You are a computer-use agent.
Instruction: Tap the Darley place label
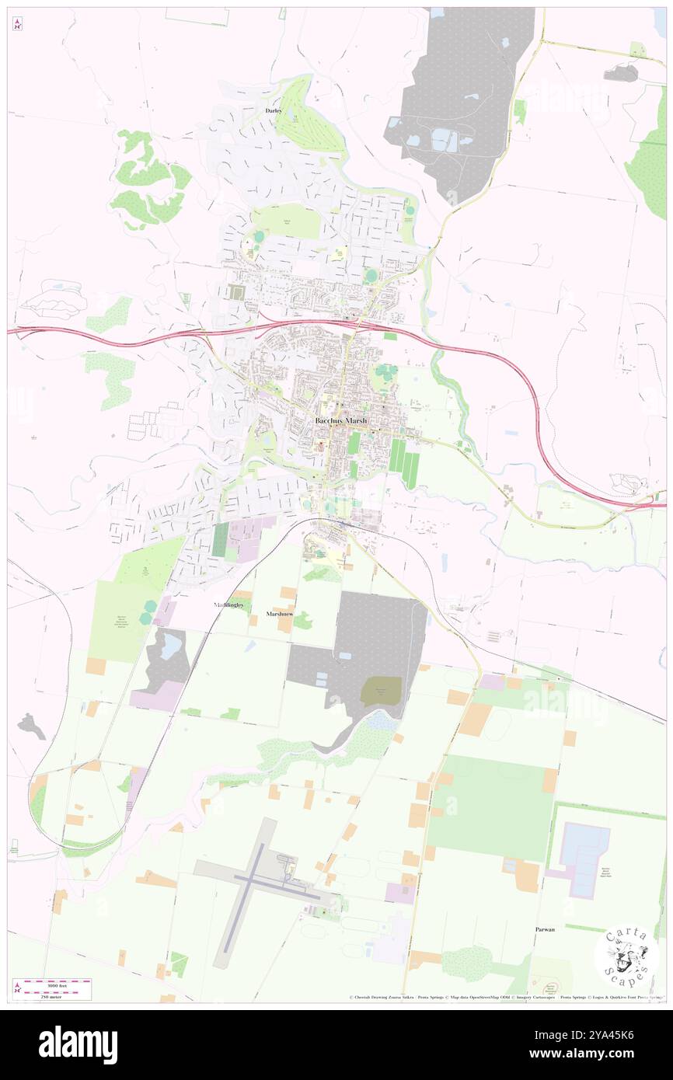273,111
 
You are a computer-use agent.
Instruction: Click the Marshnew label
277,613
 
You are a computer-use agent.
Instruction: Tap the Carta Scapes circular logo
626,955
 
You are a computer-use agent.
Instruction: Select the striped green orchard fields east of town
403,462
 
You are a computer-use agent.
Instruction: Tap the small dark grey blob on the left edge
31,726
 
